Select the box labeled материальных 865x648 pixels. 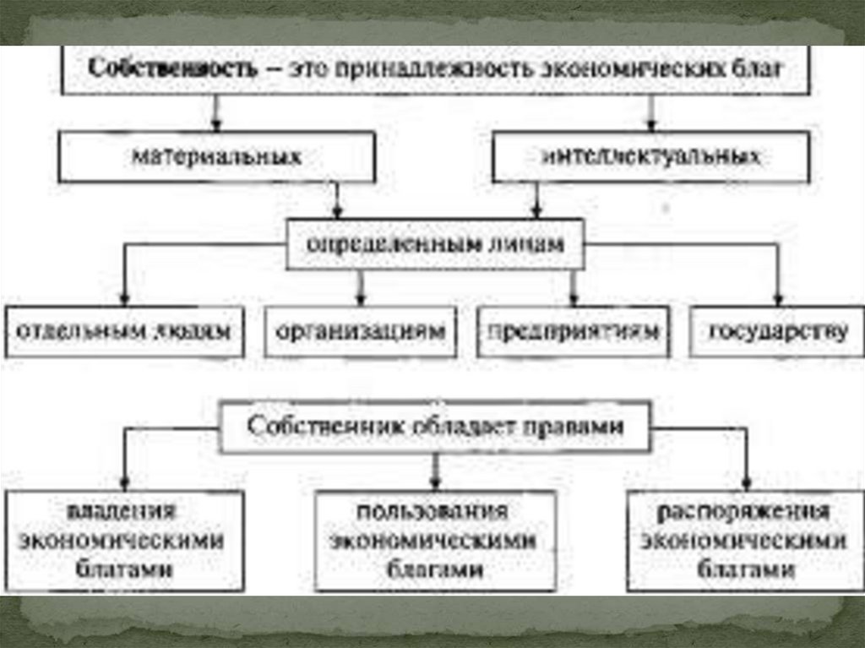[217, 157]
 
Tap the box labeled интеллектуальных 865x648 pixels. [650, 158]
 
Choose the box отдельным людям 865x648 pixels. [124, 330]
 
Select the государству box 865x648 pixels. [778, 330]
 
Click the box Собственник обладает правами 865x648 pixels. [436, 427]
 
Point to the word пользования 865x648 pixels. [432, 512]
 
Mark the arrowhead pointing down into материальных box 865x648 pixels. [216, 127]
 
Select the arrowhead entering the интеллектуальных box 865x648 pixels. [650, 127]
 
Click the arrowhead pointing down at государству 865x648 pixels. [778, 299]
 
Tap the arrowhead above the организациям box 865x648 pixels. [361, 299]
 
